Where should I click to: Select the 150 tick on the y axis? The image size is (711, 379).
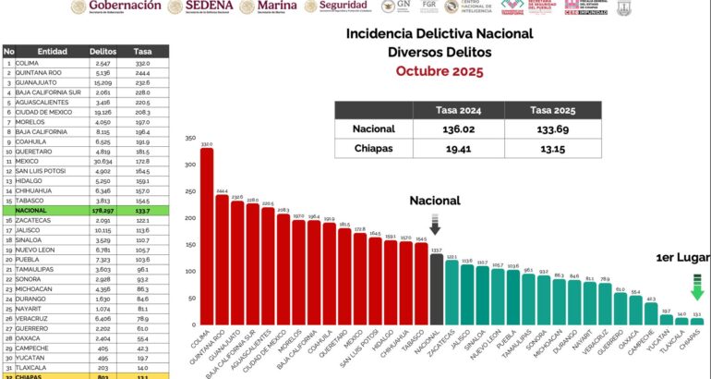pyautogui.click(x=191, y=245)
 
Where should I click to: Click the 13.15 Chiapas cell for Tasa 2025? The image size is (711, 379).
pyautogui.click(x=552, y=150)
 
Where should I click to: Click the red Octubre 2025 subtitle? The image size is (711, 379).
pyautogui.click(x=439, y=71)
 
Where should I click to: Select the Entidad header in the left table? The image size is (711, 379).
pyautogui.click(x=53, y=51)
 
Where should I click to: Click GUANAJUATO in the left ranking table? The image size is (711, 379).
pyautogui.click(x=36, y=82)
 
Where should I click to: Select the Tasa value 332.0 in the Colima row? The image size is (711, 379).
pyautogui.click(x=141, y=62)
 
